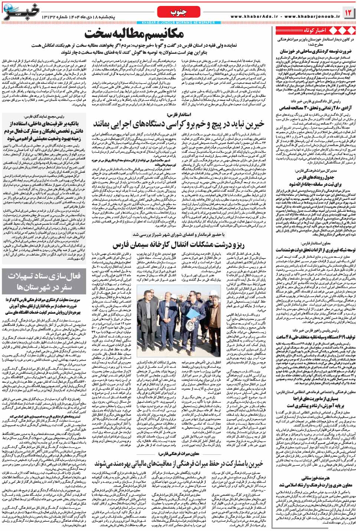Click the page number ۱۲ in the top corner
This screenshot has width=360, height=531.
click(x=349, y=13)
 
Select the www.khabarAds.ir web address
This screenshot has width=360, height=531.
click(x=258, y=17)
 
